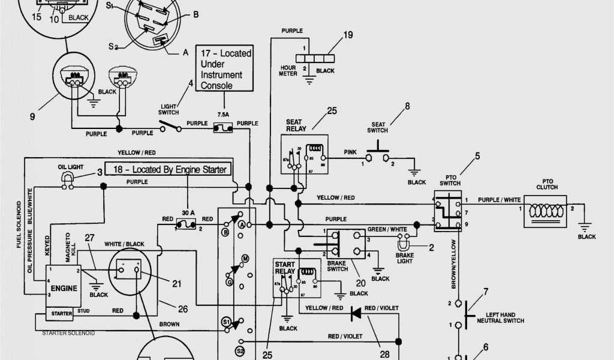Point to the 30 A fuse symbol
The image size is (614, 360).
click(187, 226)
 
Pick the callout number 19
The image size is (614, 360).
click(348, 34)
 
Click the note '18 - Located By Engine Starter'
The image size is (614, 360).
click(167, 170)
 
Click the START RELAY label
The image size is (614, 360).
click(285, 267)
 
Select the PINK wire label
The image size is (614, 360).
click(350, 153)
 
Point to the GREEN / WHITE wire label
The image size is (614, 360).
click(387, 229)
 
